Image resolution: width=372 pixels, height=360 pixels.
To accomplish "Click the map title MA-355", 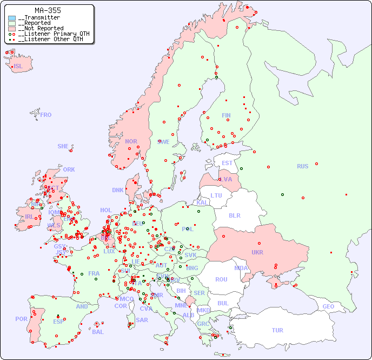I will tap(48, 10).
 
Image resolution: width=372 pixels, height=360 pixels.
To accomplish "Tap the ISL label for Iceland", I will tap(18, 67).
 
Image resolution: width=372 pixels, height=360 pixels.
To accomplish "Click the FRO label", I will tap(46, 115).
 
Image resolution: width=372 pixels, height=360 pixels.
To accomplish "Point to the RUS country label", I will tap(302, 166).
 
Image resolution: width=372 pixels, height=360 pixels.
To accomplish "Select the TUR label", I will tap(277, 330).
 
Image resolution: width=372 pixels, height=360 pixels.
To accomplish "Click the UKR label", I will tap(257, 252).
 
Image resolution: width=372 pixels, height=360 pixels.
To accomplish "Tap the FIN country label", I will tap(226, 115).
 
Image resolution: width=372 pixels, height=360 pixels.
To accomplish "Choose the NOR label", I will tap(131, 141).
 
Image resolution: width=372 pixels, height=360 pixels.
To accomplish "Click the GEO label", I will tap(328, 306).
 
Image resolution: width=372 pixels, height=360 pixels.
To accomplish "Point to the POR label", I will tap(21, 319).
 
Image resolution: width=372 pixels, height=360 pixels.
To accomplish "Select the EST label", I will tap(227, 163).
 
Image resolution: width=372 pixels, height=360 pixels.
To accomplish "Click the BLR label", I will tap(234, 215).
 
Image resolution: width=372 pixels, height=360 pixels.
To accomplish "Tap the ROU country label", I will tap(221, 279).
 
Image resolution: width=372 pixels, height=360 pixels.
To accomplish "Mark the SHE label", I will tap(63, 146).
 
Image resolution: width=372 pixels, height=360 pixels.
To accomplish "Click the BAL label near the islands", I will tap(97, 332).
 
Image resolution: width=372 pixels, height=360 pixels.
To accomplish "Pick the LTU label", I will tap(216, 195).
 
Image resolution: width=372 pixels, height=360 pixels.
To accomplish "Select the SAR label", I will tap(142, 320).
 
